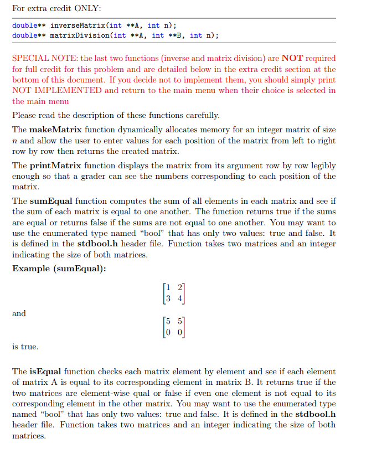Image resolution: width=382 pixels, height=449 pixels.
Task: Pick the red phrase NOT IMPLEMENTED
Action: [56, 90]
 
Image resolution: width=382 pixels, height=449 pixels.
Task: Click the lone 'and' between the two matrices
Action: [19, 313]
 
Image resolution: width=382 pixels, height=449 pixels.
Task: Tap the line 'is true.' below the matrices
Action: [25, 347]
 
